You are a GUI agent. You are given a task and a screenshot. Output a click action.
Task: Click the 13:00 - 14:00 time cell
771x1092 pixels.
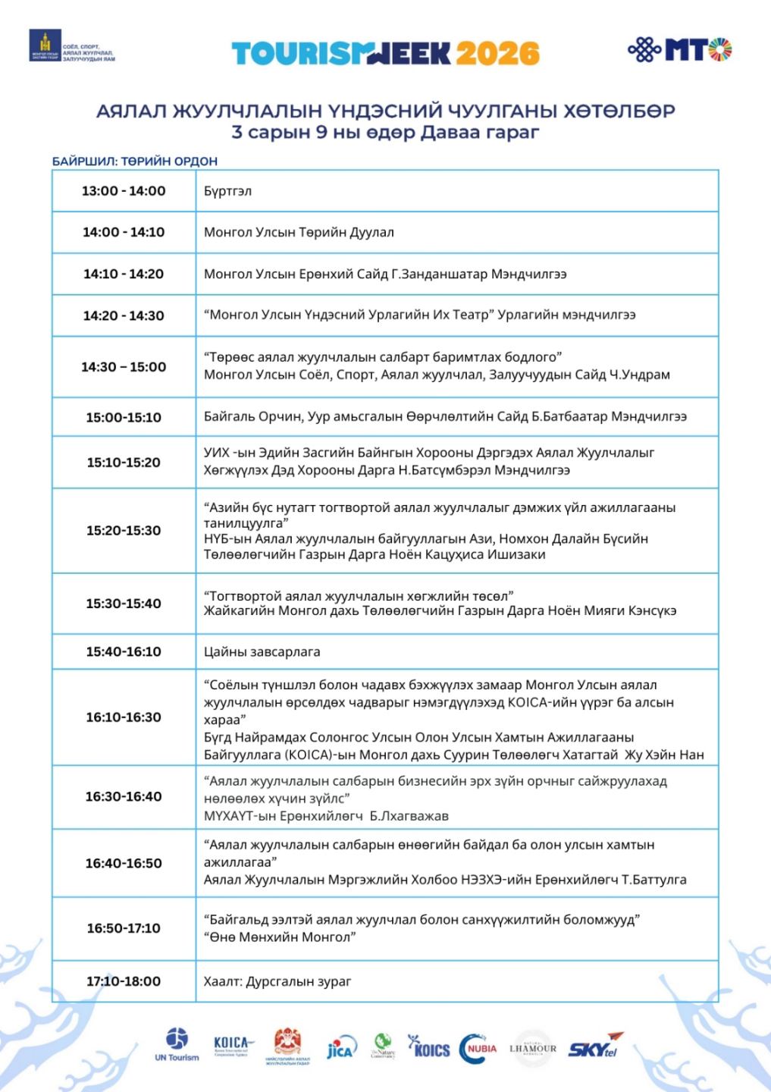[124, 191]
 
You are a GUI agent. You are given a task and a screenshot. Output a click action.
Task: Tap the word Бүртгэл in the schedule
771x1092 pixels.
[227, 191]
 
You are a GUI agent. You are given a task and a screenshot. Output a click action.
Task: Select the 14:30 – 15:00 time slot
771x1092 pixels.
[124, 367]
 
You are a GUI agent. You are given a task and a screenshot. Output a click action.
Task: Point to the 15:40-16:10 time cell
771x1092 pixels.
[124, 651]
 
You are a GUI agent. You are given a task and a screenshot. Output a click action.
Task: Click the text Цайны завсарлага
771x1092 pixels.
[262, 651]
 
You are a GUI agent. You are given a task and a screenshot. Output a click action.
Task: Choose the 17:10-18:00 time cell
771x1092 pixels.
[124, 981]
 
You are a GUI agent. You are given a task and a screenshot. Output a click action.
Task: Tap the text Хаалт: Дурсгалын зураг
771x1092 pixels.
[277, 981]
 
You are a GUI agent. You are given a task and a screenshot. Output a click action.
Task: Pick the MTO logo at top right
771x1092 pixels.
[679, 49]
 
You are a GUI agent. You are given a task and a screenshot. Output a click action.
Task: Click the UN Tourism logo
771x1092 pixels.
[177, 1045]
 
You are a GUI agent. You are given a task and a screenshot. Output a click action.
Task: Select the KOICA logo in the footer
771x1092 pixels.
[233, 1046]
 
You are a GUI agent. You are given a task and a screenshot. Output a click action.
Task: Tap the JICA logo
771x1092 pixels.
[340, 1049]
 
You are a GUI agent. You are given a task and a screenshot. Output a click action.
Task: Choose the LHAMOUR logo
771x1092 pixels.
[533, 1047]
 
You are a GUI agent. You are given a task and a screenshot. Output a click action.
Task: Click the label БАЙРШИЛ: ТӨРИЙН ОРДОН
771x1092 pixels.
[135, 162]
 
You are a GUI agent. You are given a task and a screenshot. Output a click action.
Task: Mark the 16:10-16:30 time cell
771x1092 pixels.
[124, 717]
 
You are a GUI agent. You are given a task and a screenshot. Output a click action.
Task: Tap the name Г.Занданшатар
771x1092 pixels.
[434, 274]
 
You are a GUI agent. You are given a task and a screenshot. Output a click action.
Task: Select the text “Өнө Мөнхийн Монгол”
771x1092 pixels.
[280, 937]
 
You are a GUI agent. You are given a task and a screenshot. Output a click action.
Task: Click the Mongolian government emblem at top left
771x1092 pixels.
[45, 46]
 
